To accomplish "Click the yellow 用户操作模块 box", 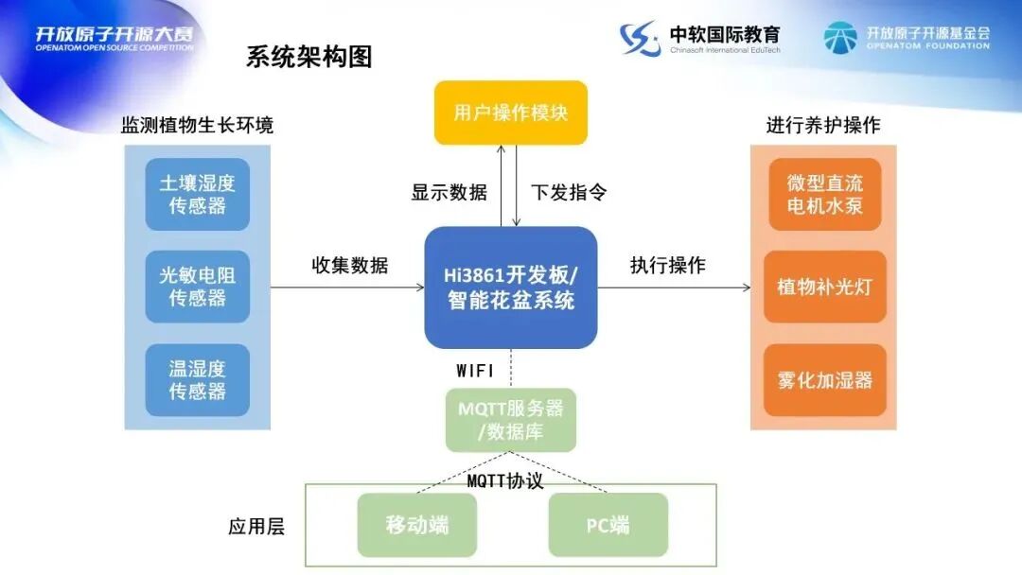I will click(511, 113).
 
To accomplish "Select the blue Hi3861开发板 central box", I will click(511, 287).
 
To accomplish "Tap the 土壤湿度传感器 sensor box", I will click(197, 195).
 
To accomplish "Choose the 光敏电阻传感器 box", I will click(197, 287).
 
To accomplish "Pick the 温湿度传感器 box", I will click(197, 380).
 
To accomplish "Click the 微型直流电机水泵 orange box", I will click(825, 195).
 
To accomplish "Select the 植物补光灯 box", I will click(825, 287).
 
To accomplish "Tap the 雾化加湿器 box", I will click(825, 380).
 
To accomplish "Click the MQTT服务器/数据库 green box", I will click(511, 421).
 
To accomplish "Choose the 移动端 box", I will click(417, 525).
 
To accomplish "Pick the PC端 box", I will click(608, 525).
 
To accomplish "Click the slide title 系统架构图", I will click(309, 57).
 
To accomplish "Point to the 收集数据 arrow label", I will click(350, 266).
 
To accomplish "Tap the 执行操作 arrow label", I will click(668, 266).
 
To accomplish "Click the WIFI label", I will click(475, 372).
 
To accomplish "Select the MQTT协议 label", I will click(505, 480).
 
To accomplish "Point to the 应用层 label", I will click(256, 527).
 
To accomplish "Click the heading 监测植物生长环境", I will click(197, 125).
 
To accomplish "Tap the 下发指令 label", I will click(569, 192).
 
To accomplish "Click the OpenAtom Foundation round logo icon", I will click(839, 38).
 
